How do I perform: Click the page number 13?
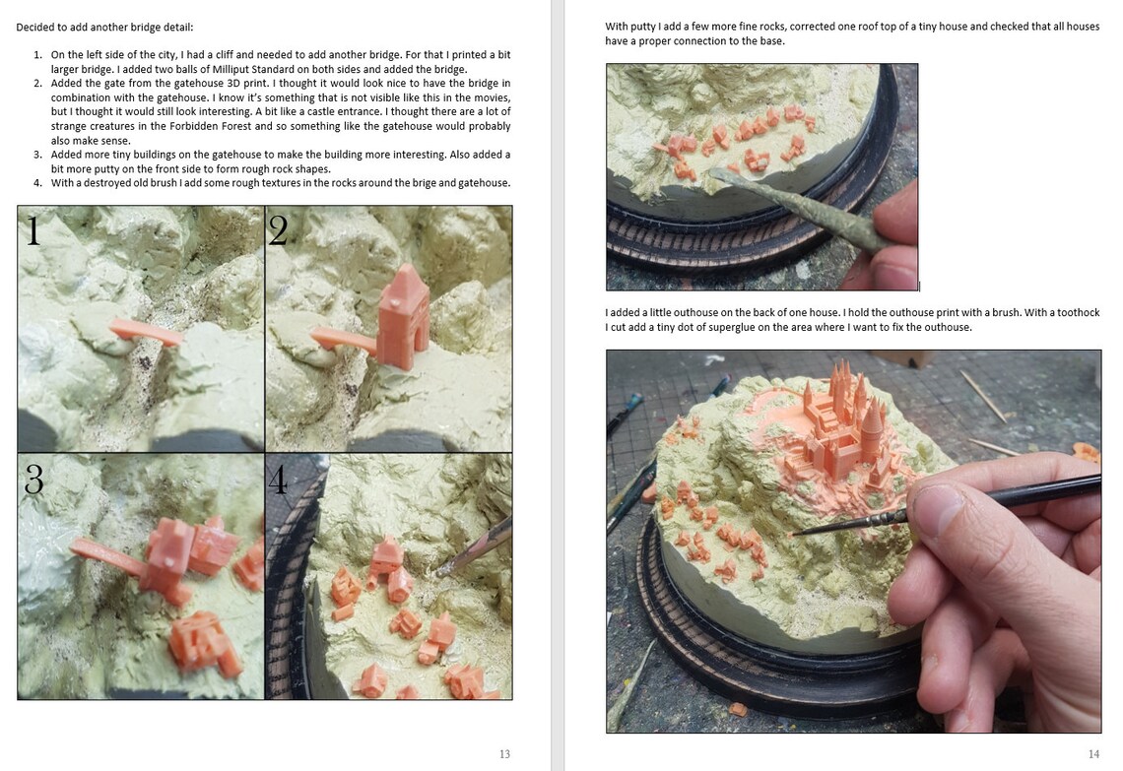click(505, 754)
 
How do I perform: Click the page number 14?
click(1093, 754)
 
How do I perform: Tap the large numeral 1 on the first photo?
click(33, 231)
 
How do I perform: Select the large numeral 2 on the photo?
click(278, 230)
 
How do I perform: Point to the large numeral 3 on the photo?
click(34, 479)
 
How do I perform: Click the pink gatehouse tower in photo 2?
click(403, 315)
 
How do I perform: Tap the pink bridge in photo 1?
click(146, 333)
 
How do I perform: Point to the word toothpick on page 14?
click(1079, 312)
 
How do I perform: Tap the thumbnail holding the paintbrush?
click(935, 505)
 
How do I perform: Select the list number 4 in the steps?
click(37, 183)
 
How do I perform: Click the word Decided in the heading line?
click(34, 28)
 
